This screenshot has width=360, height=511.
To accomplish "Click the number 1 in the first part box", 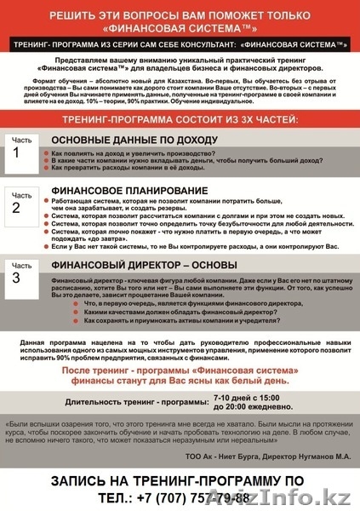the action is point(15,153).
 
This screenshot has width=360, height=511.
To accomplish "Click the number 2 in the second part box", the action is point(15,207).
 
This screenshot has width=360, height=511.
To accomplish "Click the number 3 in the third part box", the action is point(15,278).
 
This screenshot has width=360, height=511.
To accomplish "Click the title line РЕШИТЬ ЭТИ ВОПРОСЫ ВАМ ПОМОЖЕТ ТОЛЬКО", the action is point(180,15).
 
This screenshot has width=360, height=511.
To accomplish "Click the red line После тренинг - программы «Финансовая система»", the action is point(180,371).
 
